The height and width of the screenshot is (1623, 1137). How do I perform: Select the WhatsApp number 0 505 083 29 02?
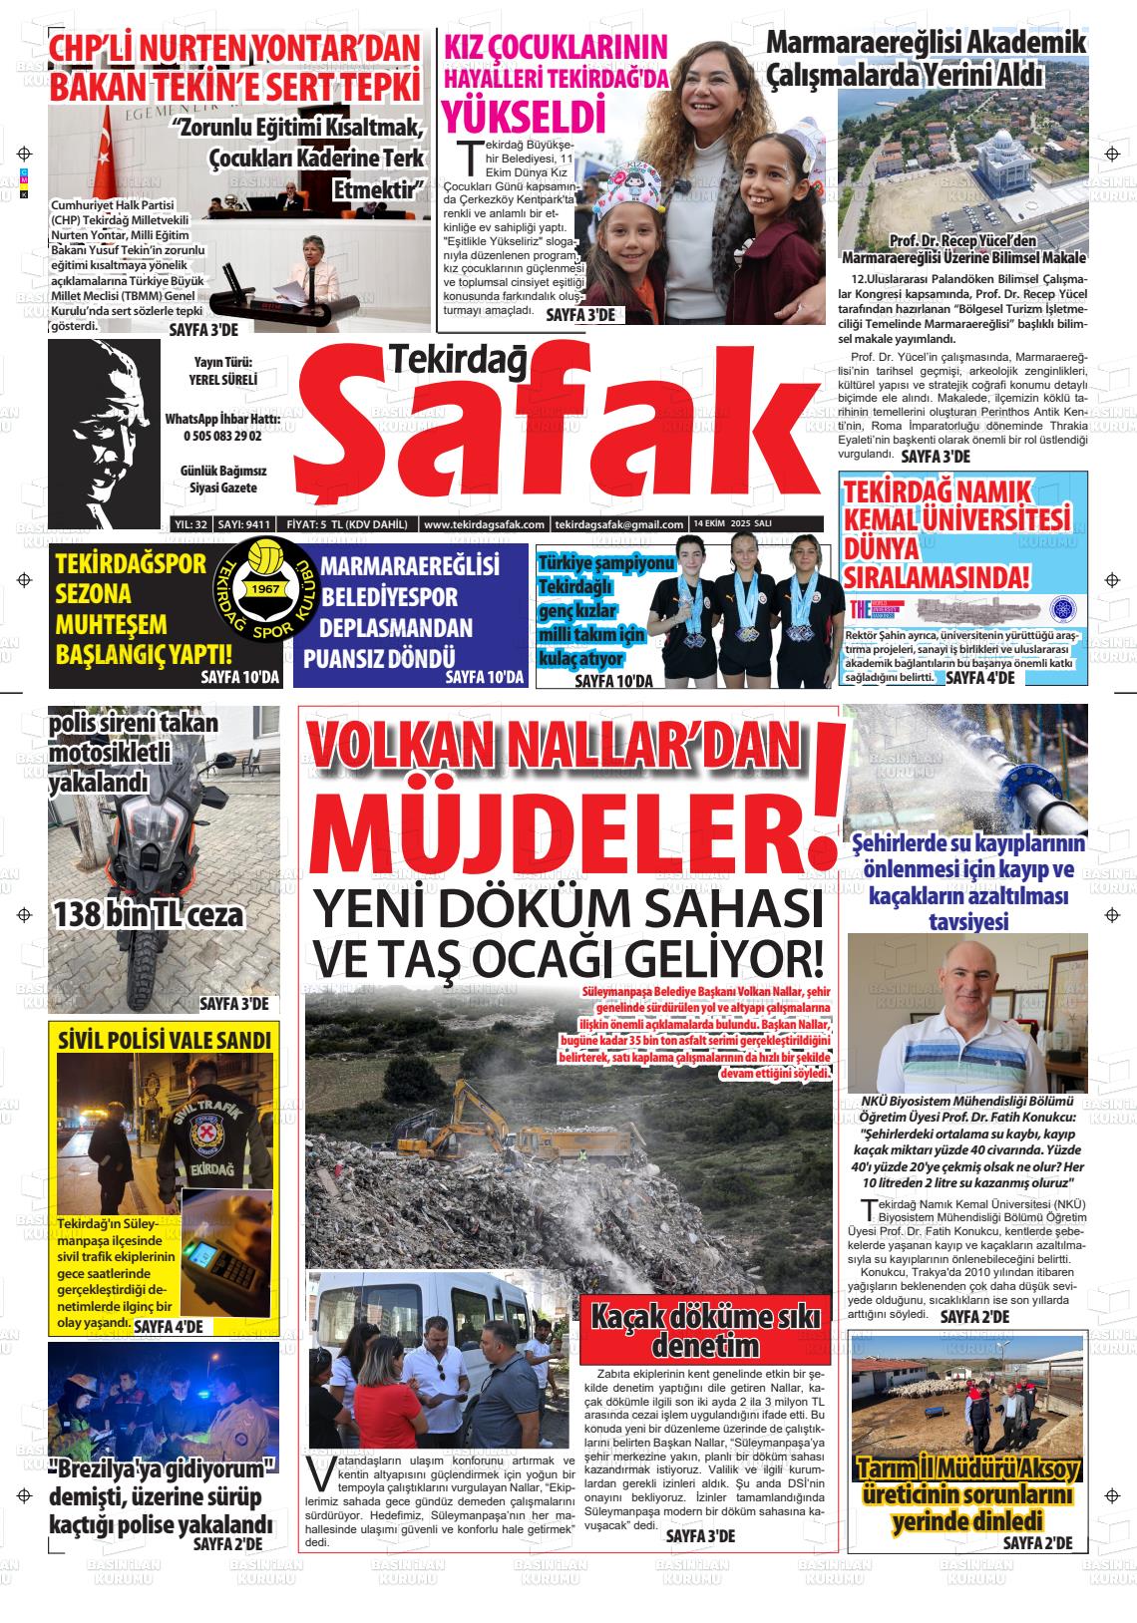pos(220,437)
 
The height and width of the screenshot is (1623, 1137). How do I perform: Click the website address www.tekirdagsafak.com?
pos(483,524)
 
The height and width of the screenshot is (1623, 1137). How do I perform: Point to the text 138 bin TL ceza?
pos(149,913)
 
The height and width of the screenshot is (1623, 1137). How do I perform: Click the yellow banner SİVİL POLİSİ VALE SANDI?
pos(165,1041)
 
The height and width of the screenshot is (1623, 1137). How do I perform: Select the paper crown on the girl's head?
pos(627,180)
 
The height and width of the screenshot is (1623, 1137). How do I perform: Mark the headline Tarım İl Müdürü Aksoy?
pos(967,1470)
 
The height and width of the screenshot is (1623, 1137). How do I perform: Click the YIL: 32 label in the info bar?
pos(189,524)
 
